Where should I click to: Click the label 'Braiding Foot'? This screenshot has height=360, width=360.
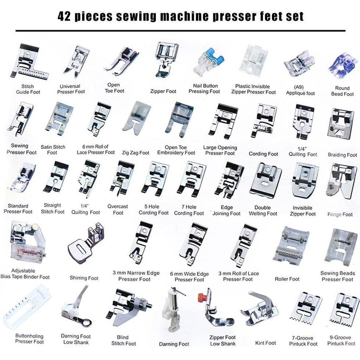[342, 155]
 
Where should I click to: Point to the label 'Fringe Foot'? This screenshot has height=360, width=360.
[340, 214]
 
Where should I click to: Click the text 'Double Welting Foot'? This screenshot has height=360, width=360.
[263, 210]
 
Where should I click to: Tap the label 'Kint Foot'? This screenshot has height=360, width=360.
[265, 343]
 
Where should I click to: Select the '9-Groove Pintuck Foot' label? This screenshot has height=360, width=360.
[341, 340]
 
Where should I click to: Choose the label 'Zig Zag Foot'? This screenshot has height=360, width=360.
[136, 153]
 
